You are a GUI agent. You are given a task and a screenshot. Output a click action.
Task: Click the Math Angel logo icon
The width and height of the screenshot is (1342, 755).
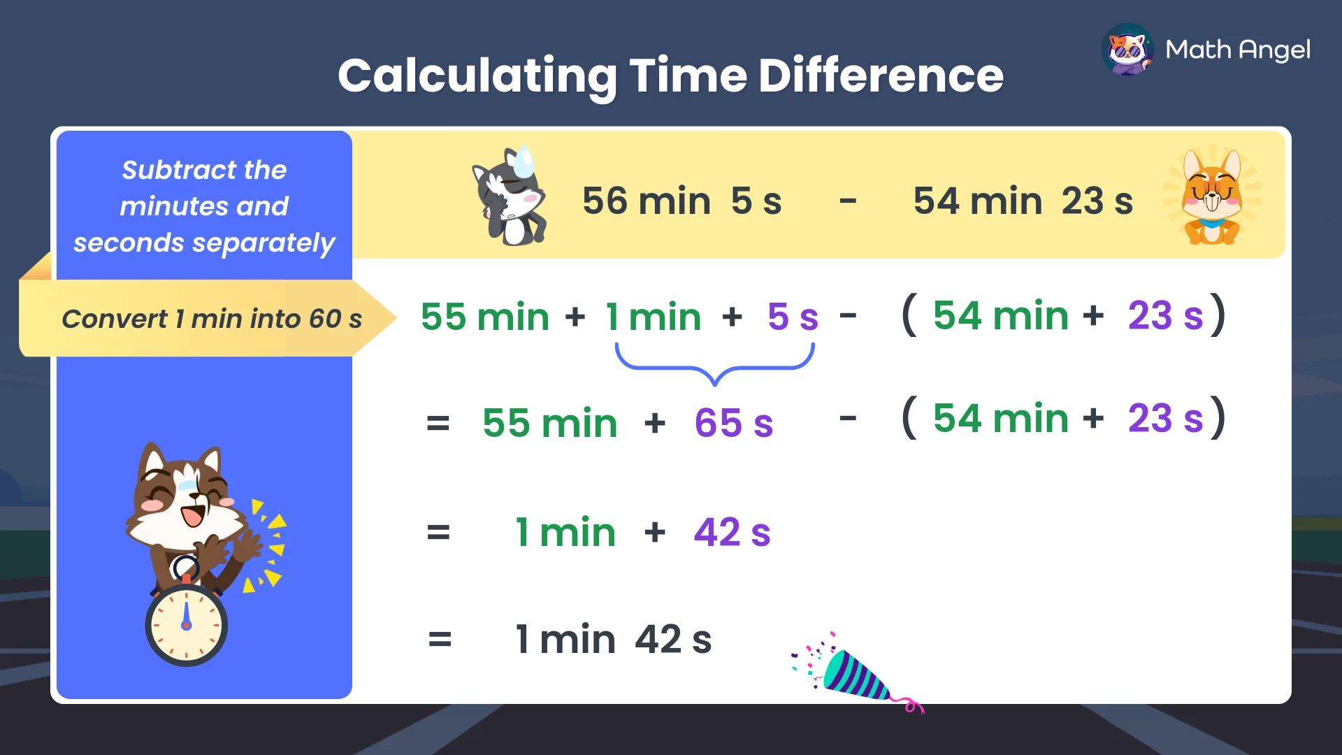pyautogui.click(x=1127, y=50)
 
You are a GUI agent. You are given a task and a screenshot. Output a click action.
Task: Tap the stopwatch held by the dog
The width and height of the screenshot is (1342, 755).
pyautogui.click(x=186, y=624)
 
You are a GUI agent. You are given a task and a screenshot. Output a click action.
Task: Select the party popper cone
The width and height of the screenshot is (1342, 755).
pyautogui.click(x=856, y=675)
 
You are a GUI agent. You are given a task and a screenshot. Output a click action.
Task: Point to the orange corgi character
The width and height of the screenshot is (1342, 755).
pyautogui.click(x=1212, y=198)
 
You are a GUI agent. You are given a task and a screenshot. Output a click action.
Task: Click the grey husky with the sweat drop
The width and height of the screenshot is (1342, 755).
pyautogui.click(x=511, y=198)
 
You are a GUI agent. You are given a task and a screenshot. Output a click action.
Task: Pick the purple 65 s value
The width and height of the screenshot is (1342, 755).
pyautogui.click(x=733, y=423)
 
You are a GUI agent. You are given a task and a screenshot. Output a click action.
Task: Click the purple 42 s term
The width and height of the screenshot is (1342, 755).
pyautogui.click(x=732, y=533)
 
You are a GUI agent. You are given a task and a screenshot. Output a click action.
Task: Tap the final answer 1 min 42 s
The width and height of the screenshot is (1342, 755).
pyautogui.click(x=613, y=639)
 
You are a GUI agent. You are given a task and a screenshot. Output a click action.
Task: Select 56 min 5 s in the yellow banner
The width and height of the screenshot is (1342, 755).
pyautogui.click(x=681, y=201)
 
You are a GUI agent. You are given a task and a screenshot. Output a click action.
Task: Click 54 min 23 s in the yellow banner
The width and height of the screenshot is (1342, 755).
pyautogui.click(x=1023, y=201)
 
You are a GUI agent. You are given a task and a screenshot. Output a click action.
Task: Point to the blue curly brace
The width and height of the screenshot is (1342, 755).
pyautogui.click(x=714, y=364)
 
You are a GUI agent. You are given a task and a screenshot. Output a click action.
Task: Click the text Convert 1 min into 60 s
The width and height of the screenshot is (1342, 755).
pyautogui.click(x=212, y=319)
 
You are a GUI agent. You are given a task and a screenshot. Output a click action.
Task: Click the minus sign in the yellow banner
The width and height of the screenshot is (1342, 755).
pyautogui.click(x=848, y=202)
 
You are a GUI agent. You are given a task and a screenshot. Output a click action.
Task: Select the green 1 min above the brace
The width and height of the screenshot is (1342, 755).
pyautogui.click(x=653, y=317)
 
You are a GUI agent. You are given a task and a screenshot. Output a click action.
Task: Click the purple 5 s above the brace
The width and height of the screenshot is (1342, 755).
pyautogui.click(x=793, y=317)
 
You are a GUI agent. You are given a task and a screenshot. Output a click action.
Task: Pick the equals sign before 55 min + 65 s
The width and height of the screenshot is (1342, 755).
pyautogui.click(x=438, y=424)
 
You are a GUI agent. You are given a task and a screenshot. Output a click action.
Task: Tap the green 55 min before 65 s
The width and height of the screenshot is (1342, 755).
pyautogui.click(x=549, y=423)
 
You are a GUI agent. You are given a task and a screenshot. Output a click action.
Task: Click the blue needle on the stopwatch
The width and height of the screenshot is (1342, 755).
pyautogui.click(x=186, y=615)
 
